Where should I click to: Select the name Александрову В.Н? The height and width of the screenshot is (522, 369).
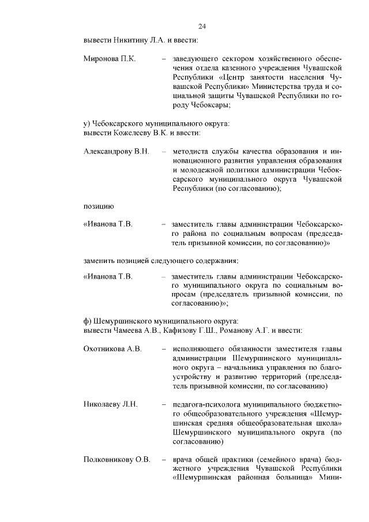click(116, 151)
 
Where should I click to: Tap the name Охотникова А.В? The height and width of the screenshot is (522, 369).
click(113, 349)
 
